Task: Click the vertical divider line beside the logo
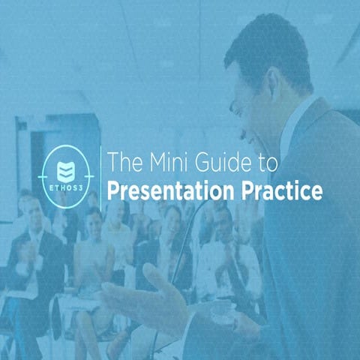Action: tap(100, 175)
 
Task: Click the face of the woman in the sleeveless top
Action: tap(94, 220)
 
